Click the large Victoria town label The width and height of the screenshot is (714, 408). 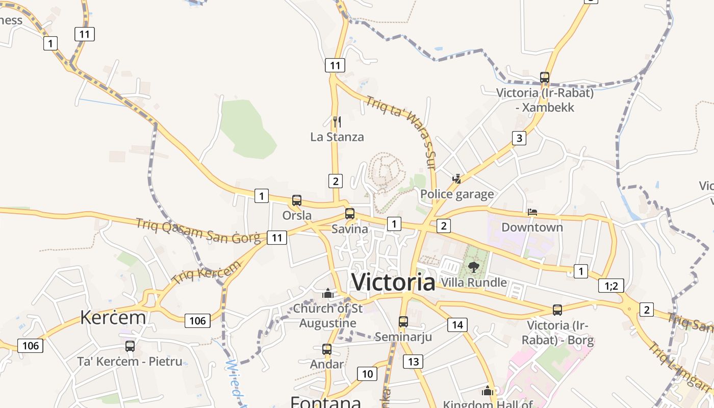tap(393, 282)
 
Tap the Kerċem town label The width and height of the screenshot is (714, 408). tap(113, 317)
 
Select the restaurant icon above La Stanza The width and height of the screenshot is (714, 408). tap(337, 121)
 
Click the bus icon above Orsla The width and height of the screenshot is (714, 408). tap(297, 200)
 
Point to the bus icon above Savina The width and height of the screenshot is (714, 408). tap(350, 214)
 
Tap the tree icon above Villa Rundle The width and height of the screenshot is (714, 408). tap(474, 267)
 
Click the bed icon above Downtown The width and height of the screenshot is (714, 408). tap(532, 212)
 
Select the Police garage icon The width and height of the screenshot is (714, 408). tap(457, 179)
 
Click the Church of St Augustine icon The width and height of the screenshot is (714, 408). tap(327, 294)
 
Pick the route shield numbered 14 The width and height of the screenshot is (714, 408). tap(457, 325)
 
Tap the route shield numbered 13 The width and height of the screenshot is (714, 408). tap(413, 362)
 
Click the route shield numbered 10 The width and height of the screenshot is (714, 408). tap(367, 374)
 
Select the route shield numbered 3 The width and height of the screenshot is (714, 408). tap(519, 138)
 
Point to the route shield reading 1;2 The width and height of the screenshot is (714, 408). tap(611, 286)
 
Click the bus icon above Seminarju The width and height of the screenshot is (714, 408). tap(403, 321)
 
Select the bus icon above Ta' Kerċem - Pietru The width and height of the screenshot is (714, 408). tap(130, 346)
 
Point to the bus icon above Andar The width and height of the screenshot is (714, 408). tap(327, 349)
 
